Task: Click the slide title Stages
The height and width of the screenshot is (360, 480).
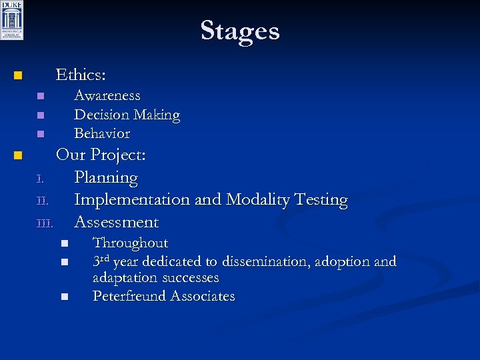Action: [239, 31]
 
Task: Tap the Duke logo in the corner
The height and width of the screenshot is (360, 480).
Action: [12, 20]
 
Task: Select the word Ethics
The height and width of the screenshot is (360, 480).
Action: [79, 74]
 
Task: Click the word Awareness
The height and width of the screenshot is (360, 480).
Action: [107, 96]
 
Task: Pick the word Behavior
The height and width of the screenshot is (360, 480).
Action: [102, 133]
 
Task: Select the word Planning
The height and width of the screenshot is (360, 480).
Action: [106, 178]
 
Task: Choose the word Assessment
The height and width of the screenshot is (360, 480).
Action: [116, 222]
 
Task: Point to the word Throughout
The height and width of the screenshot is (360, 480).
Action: [130, 243]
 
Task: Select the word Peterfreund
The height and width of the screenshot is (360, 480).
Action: [129, 296]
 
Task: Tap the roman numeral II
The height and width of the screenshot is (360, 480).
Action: [42, 200]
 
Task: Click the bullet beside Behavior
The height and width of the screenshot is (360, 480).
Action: [40, 134]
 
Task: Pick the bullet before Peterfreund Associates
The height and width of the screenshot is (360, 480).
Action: [64, 297]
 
